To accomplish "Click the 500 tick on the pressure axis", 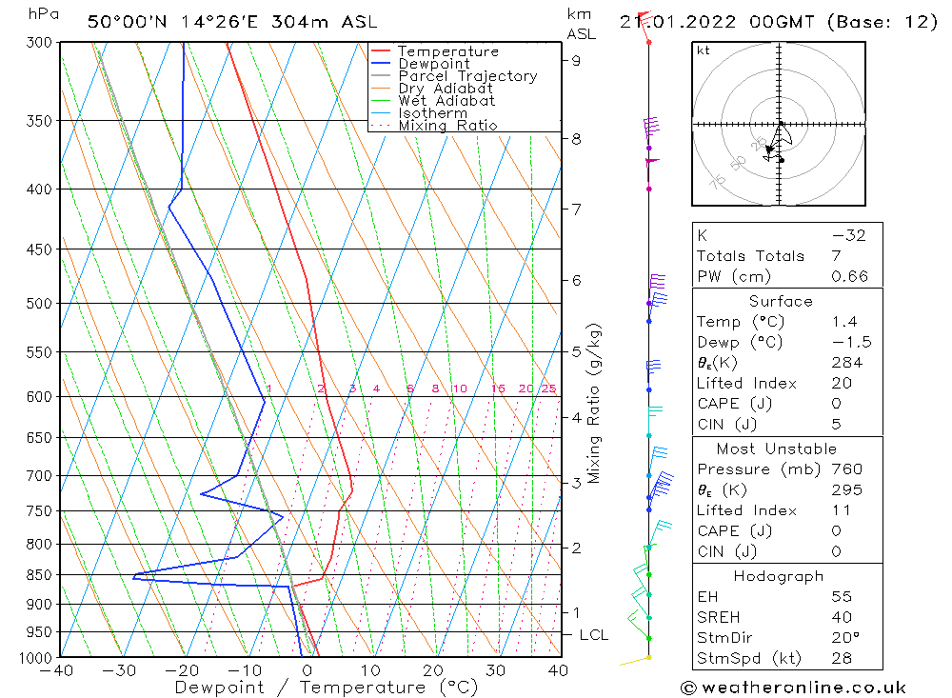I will [39, 303].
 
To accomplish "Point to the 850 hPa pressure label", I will [39, 575].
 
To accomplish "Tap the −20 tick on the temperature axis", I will [182, 670].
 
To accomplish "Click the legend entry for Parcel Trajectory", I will [467, 76].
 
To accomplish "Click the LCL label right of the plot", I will [593, 634].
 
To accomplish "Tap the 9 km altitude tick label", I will [577, 60].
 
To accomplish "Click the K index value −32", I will [848, 236].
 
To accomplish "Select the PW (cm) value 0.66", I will [849, 276].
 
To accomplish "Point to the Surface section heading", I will [781, 301].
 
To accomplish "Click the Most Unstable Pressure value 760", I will [846, 469].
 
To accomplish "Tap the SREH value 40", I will [841, 617].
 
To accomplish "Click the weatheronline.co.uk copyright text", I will [793, 688].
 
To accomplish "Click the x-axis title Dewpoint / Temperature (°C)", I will [326, 687].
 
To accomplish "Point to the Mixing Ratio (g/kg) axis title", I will [594, 404].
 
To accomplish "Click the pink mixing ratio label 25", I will [549, 389].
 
